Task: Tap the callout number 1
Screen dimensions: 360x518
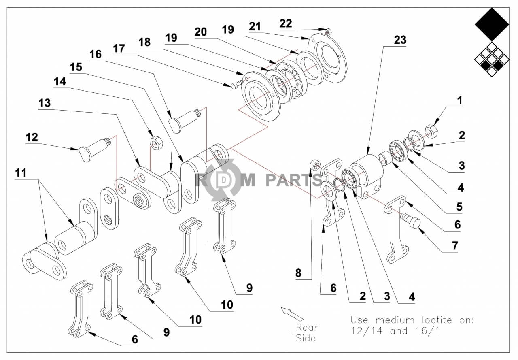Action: (459, 100)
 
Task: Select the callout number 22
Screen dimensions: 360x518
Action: (286, 23)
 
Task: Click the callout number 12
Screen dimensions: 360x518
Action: (32, 137)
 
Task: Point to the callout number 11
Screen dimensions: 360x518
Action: (21, 173)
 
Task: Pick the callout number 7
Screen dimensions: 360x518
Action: (455, 245)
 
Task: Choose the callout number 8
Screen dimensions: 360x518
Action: (298, 273)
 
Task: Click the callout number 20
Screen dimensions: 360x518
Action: (201, 31)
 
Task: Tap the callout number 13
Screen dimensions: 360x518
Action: (45, 103)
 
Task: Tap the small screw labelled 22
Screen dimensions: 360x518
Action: (329, 31)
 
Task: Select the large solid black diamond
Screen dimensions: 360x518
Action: (492, 25)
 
